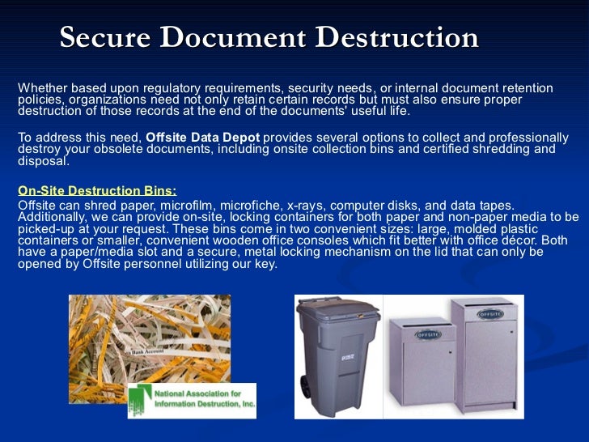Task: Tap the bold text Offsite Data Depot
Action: tap(203, 138)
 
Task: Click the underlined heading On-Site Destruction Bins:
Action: tap(97, 191)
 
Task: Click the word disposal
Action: tap(41, 160)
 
